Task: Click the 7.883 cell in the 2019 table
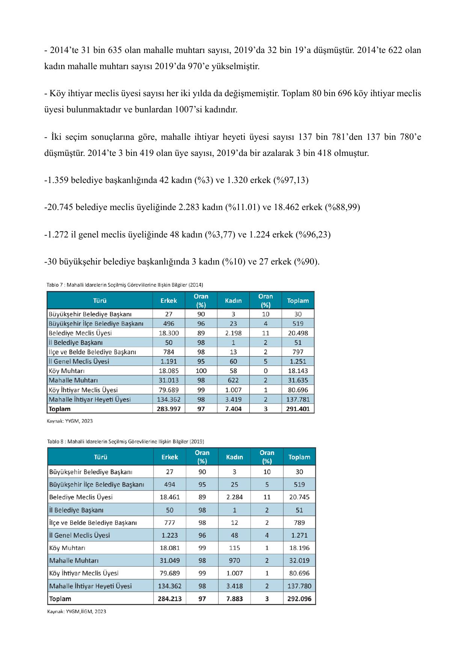pos(234,599)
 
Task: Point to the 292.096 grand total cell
pos(299,599)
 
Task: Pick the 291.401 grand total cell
pos(298,409)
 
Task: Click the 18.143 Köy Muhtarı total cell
pos(298,371)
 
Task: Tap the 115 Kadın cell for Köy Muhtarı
pos(234,548)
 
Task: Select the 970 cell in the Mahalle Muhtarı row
pos(234,561)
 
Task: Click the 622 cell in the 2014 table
pos(233,380)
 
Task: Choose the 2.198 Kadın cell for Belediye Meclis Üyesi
pos(233,333)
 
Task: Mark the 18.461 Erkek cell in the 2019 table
pos(170,497)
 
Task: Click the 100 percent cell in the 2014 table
pos(201,371)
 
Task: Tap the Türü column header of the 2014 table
pos(100,301)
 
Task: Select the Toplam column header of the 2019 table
pos(299,457)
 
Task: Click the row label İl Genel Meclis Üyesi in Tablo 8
pos(80,535)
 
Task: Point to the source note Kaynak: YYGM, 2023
pos(69,421)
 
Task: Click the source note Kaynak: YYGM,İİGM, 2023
pos(77,612)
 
